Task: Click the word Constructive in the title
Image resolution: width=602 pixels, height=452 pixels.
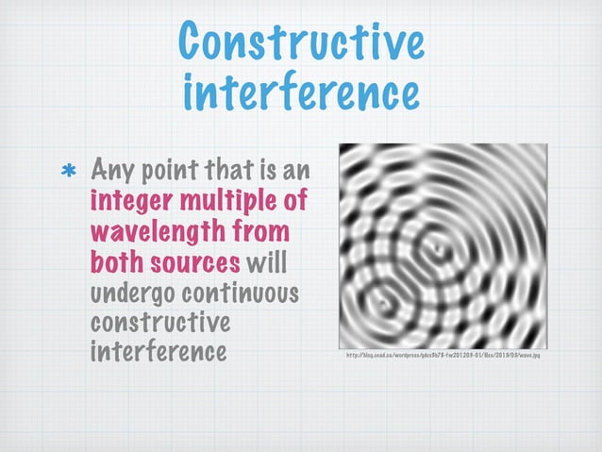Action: coord(299,42)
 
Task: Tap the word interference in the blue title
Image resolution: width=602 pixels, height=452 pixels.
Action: coord(300,94)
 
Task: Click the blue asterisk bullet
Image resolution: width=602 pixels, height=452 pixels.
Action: coord(69,173)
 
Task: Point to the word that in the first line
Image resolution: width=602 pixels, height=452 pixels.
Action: coord(235,173)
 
